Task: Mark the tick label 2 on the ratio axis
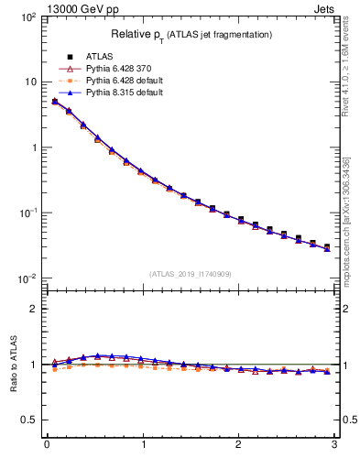click(x=33, y=309)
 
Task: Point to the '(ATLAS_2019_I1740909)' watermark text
click(x=190, y=274)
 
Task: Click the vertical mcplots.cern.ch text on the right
click(x=348, y=229)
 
